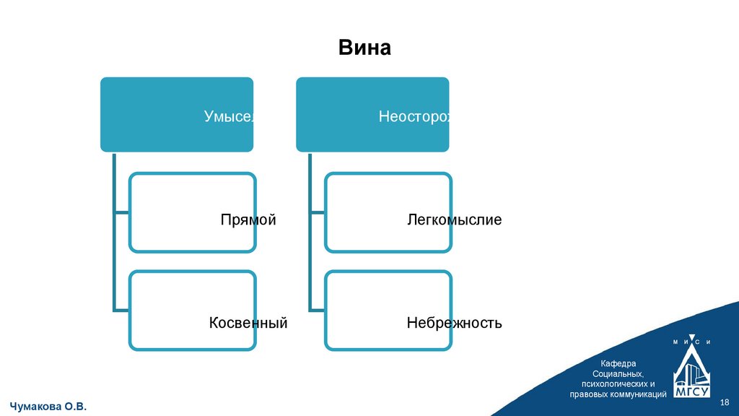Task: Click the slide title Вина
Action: [364, 48]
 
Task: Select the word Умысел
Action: [228, 116]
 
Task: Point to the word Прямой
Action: [248, 220]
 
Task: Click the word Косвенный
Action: [248, 323]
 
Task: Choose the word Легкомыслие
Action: [454, 220]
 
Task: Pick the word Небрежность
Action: [454, 323]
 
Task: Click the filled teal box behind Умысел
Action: [152, 114]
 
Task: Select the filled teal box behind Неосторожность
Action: [339, 114]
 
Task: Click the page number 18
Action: [725, 402]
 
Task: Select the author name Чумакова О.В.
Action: [48, 407]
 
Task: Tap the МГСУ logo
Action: [691, 370]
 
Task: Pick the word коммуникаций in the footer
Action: [637, 394]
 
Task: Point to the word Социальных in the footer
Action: [617, 373]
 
